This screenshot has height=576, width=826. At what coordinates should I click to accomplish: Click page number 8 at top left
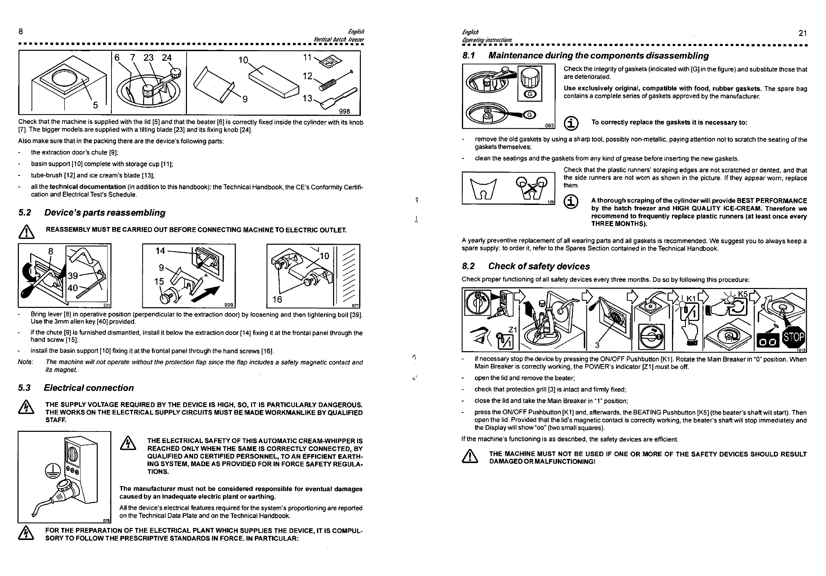click(21, 31)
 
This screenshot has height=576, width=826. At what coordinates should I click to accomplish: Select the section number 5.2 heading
click(25, 213)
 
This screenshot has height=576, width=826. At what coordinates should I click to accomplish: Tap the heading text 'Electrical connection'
click(89, 388)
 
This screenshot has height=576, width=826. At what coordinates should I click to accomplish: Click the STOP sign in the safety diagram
click(794, 337)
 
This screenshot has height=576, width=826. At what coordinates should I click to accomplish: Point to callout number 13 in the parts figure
click(307, 98)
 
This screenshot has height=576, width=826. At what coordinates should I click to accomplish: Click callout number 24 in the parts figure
click(167, 58)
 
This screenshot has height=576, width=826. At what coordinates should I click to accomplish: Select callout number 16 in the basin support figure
click(277, 299)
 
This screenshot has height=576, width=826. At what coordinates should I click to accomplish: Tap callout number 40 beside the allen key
click(73, 288)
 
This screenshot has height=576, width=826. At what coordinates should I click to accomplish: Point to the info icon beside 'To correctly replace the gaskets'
click(571, 123)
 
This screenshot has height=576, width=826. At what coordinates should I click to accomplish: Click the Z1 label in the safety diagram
click(512, 330)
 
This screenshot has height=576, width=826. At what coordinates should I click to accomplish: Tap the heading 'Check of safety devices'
click(539, 266)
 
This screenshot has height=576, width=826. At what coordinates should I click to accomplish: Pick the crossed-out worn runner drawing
click(531, 187)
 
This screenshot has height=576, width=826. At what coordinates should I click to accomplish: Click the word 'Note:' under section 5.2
click(25, 362)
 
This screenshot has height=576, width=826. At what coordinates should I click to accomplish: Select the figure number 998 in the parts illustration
click(344, 111)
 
